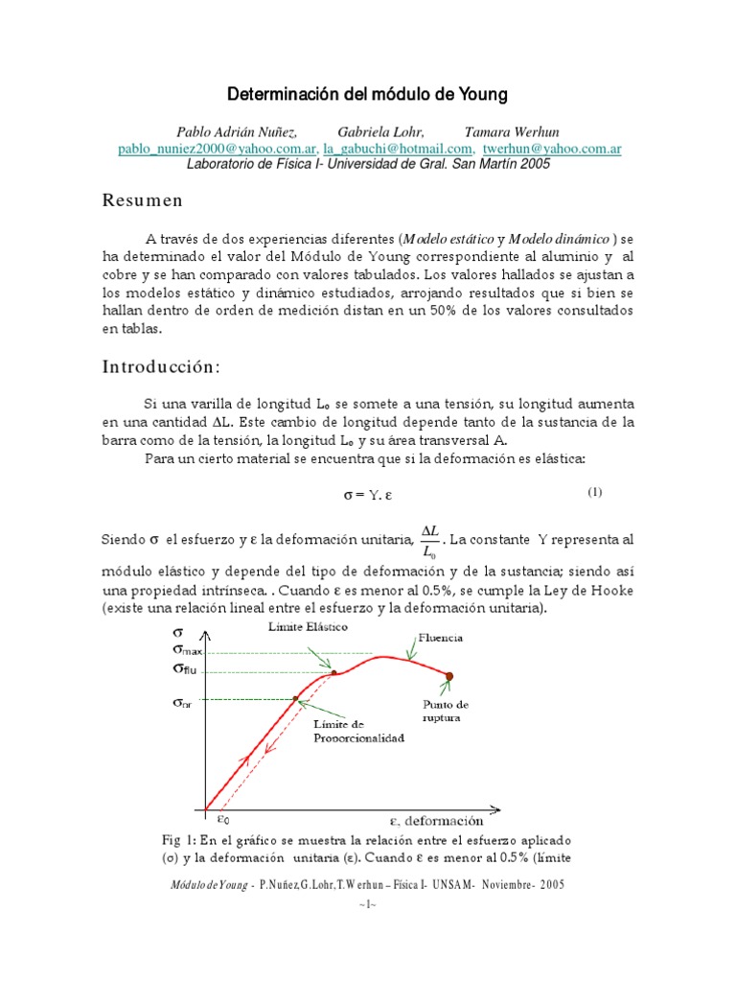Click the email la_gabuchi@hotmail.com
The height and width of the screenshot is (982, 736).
click(x=398, y=149)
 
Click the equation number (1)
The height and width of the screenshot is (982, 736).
click(x=594, y=493)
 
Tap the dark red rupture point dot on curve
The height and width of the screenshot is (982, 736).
click(x=448, y=676)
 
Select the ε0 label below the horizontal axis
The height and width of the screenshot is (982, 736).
click(x=222, y=819)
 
